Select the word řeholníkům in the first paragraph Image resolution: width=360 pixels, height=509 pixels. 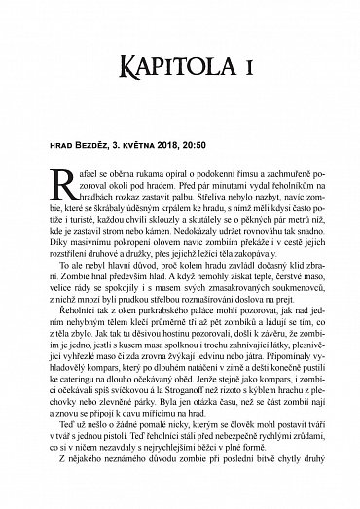tap(278, 183)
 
